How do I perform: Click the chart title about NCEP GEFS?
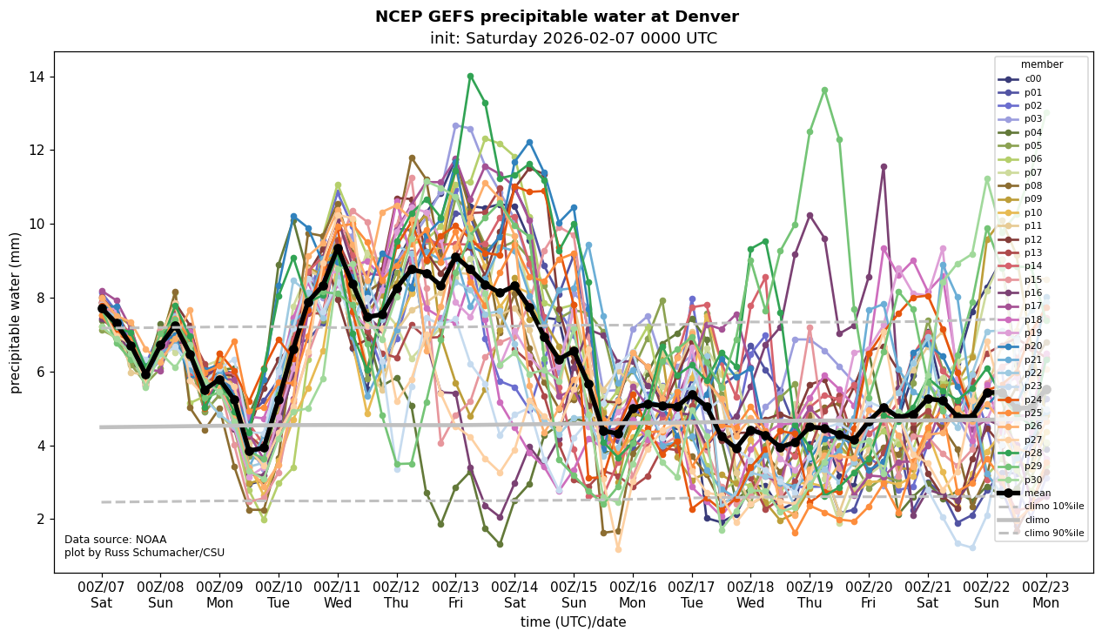tap(556, 17)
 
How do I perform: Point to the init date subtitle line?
tap(573, 38)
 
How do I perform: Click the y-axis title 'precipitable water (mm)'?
tap(16, 312)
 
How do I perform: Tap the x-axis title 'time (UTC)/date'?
tap(573, 622)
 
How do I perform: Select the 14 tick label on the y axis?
tap(37, 77)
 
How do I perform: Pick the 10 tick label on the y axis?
tap(37, 225)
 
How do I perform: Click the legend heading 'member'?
tap(1041, 64)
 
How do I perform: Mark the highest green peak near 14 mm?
tap(470, 76)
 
